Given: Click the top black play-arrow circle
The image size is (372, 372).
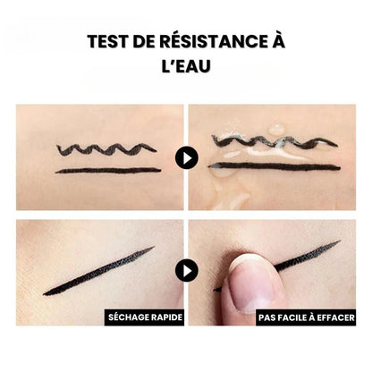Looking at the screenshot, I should [x=186, y=158].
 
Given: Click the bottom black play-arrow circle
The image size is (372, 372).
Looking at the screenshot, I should [x=186, y=270].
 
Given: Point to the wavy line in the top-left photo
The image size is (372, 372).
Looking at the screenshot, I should [x=106, y=148].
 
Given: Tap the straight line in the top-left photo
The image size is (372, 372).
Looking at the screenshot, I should [x=107, y=170].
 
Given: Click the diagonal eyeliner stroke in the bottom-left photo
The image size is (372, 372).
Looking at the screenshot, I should [x=98, y=271].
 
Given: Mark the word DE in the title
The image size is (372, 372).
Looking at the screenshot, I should [x=148, y=43].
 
